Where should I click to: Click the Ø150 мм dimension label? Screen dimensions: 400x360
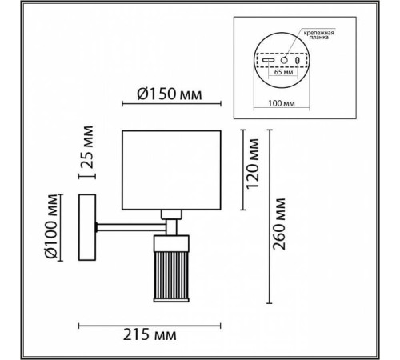(170, 94)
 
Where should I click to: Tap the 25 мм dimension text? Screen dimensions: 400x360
(87, 147)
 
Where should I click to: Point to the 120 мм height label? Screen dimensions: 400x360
(252, 164)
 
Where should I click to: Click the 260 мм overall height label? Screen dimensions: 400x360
(279, 224)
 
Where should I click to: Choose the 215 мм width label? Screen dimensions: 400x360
(150, 334)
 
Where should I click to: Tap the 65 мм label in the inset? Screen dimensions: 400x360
(283, 72)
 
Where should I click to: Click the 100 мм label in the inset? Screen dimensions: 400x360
(282, 103)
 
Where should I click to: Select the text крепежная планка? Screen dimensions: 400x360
(319, 35)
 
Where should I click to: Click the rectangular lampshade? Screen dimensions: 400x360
(171, 170)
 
